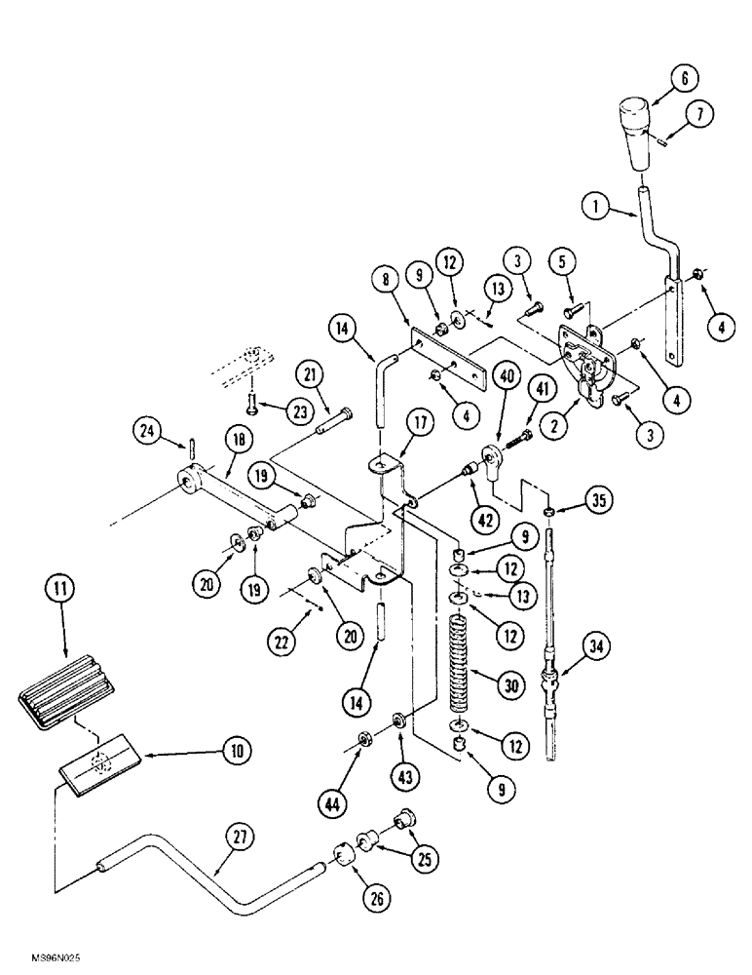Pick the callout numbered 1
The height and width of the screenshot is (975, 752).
click(596, 207)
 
